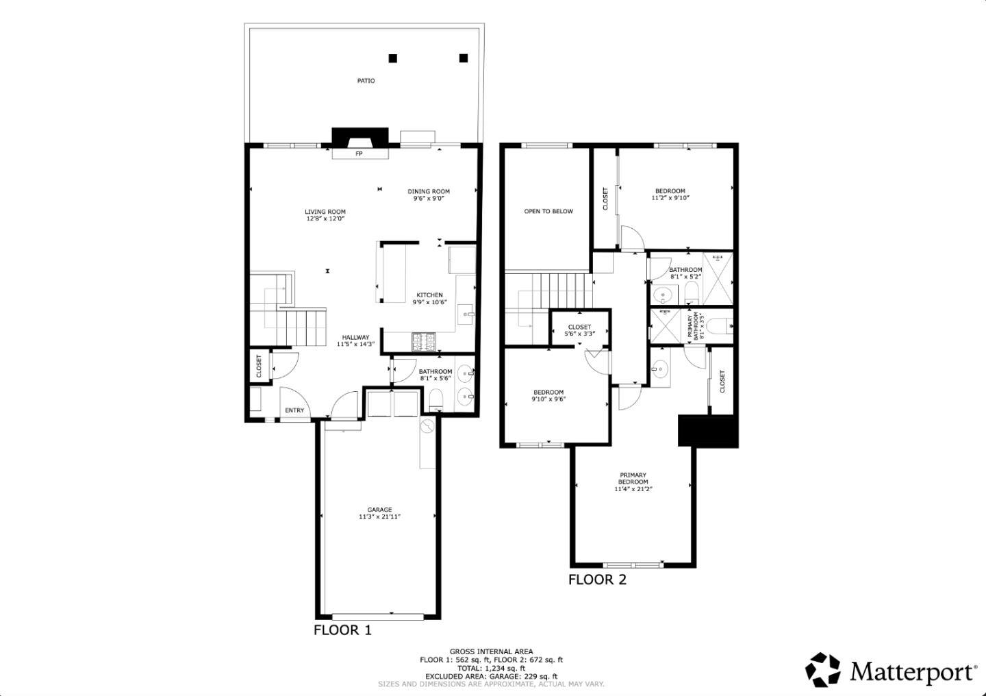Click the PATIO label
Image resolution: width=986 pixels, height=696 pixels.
pos(366,81)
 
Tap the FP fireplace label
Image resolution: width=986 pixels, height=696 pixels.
pos(358,154)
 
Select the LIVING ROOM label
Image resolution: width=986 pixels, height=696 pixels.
pos(325,212)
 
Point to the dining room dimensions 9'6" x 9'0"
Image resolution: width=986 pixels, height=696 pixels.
pos(429,199)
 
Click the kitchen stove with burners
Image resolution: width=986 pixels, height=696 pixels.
pos(422,340)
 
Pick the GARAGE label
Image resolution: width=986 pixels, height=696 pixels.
pos(379,510)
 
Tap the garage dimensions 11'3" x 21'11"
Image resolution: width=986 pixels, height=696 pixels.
pos(379,517)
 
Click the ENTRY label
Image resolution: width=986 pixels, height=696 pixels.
pos(294,410)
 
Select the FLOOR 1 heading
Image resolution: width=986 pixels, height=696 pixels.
pos(342,630)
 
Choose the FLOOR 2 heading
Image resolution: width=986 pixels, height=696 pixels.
pos(597,580)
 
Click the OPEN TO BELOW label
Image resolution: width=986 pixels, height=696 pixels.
pos(548,212)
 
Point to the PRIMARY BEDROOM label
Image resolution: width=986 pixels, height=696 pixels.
pos(633,478)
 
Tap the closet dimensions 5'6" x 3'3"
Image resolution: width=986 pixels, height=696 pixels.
pos(579,334)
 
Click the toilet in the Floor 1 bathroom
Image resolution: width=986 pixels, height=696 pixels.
pos(436,399)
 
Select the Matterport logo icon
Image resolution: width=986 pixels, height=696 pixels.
pos(822,669)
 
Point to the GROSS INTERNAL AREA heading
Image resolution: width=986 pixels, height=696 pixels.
pos(491,651)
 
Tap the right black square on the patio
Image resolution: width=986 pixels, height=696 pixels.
pos(464,58)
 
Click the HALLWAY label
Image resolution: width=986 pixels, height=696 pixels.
pos(355,337)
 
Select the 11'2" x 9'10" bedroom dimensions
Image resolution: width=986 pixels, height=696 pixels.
pos(670,198)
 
